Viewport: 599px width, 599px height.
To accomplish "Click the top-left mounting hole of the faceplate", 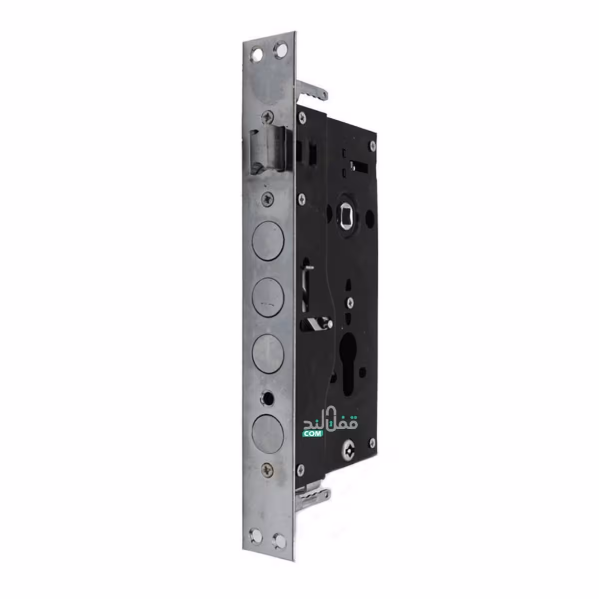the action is point(257,54).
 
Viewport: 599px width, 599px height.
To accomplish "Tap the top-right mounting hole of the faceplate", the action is point(281,50).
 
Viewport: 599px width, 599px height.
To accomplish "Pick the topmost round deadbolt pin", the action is point(268,241).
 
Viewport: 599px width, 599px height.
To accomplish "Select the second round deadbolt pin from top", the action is point(268,298).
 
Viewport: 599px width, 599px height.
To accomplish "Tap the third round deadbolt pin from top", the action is point(268,354).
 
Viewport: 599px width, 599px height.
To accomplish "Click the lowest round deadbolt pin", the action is point(268,435).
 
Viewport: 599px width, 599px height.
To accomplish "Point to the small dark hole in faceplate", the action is point(268,397).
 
